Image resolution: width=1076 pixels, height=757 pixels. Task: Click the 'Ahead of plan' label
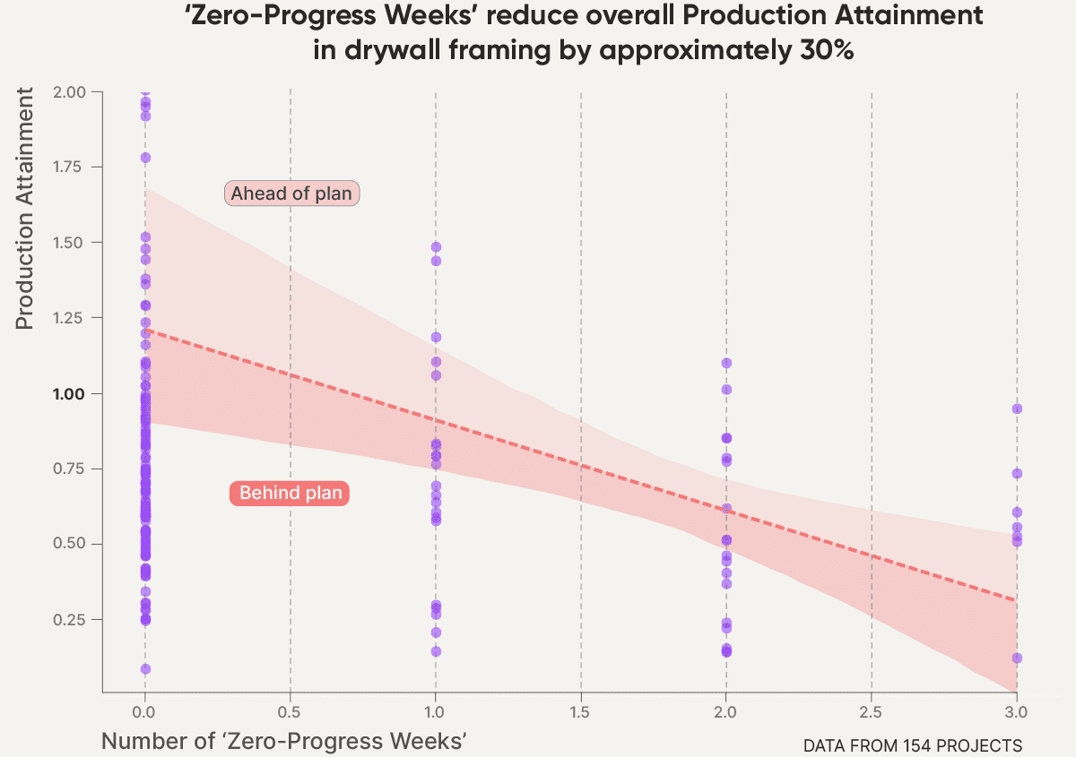pyautogui.click(x=291, y=194)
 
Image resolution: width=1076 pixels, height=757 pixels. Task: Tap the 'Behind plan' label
pyautogui.click(x=291, y=493)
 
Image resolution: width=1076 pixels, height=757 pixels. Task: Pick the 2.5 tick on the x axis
pyautogui.click(x=872, y=713)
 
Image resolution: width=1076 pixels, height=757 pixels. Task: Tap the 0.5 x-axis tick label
pyautogui.click(x=290, y=713)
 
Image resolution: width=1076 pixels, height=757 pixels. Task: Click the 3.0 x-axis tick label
pyautogui.click(x=1016, y=713)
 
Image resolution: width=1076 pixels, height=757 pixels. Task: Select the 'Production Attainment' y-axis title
pyautogui.click(x=25, y=208)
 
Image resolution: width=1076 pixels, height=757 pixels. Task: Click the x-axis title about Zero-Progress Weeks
pyautogui.click(x=285, y=741)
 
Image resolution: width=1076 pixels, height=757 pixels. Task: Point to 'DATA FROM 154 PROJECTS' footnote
pyautogui.click(x=912, y=745)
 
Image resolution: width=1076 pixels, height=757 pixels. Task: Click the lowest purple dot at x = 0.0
pyautogui.click(x=145, y=669)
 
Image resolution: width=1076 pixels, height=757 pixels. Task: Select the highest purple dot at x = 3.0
pyautogui.click(x=1017, y=409)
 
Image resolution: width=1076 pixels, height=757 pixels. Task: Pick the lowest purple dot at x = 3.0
pyautogui.click(x=1017, y=658)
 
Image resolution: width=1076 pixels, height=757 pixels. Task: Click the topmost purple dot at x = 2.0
pyautogui.click(x=726, y=363)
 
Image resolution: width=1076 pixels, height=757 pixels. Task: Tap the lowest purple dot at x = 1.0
pyautogui.click(x=436, y=651)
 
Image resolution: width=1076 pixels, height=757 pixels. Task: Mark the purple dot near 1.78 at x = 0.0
pyautogui.click(x=145, y=158)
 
